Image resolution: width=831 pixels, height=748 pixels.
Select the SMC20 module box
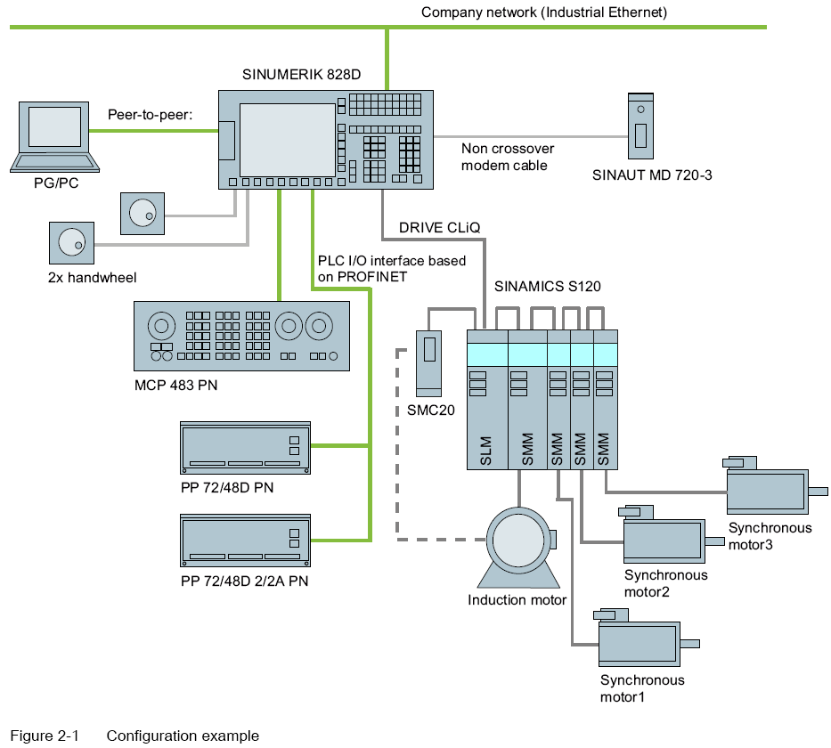[x=429, y=362]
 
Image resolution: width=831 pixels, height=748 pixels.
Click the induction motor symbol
[x=516, y=547]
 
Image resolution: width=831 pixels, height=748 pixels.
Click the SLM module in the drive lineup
[x=486, y=400]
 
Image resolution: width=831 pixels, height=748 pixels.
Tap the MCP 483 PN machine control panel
[x=240, y=336]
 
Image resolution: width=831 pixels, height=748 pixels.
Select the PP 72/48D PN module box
[x=244, y=447]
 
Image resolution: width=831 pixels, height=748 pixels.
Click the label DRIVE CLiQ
[x=439, y=228]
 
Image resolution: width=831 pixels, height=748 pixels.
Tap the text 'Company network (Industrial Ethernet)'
[x=544, y=12]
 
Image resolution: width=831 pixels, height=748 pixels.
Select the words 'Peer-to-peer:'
[x=150, y=114]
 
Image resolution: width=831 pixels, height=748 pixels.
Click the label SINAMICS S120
[x=548, y=287]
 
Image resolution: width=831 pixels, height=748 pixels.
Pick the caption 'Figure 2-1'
[x=45, y=736]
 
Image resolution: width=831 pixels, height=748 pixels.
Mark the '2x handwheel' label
[x=93, y=278]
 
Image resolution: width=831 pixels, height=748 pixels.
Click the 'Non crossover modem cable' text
[x=507, y=158]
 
